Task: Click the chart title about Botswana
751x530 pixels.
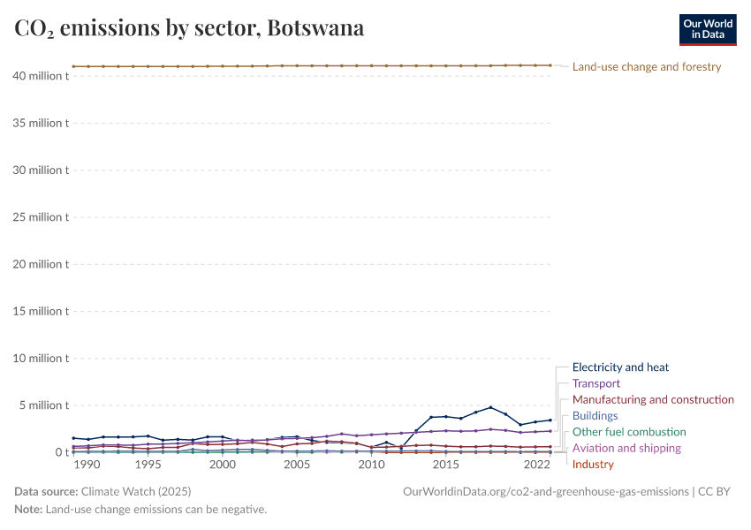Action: click(189, 28)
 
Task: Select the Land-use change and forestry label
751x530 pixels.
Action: click(647, 67)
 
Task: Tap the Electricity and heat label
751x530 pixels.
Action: click(620, 367)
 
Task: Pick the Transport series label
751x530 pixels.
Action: click(596, 383)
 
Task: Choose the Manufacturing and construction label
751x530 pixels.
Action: click(653, 399)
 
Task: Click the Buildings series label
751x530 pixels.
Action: click(595, 415)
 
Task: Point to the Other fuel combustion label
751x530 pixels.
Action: click(629, 432)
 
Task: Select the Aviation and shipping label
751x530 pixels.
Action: click(626, 448)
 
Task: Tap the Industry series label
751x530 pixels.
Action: click(593, 464)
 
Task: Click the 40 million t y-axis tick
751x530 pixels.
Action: click(41, 76)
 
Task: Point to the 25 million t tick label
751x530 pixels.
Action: click(41, 217)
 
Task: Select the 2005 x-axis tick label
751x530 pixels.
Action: click(297, 465)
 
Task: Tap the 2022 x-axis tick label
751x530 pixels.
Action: click(537, 465)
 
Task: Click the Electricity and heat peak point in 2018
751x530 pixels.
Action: click(490, 407)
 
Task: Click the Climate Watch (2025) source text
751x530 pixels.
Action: click(135, 491)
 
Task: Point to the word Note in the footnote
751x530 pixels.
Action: click(27, 510)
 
